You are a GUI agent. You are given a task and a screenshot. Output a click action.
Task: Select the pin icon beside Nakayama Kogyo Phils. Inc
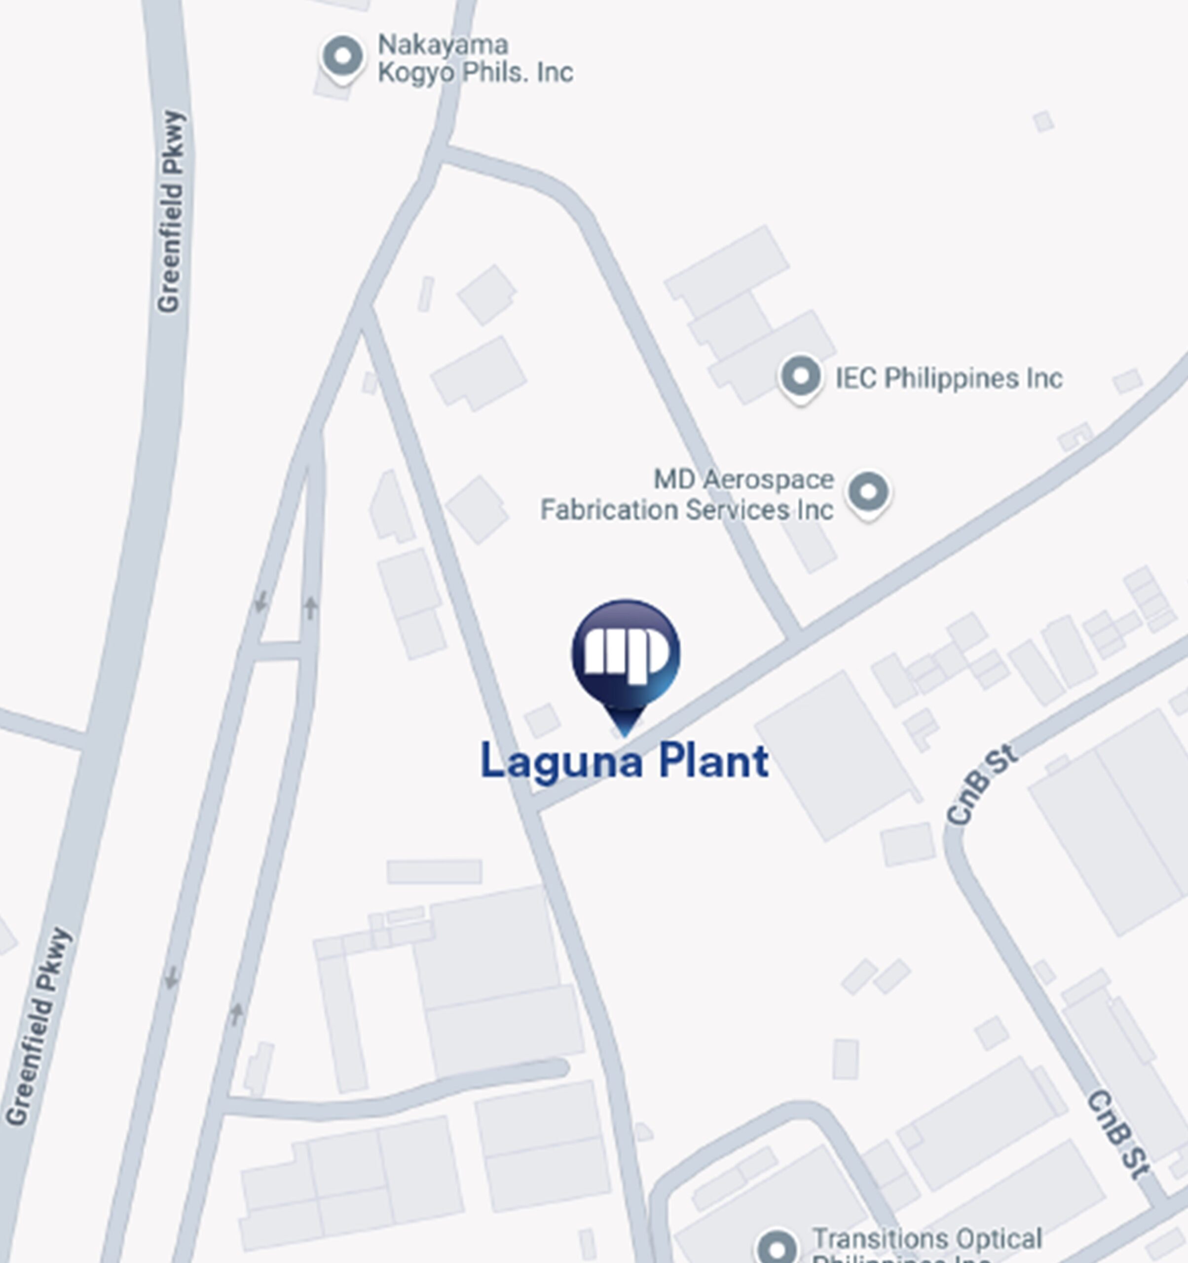click(343, 57)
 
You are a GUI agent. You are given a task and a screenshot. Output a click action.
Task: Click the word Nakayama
click(443, 45)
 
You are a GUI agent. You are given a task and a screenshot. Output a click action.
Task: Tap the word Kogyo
click(416, 73)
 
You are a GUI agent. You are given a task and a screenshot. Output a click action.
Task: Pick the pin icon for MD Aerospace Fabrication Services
click(868, 492)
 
